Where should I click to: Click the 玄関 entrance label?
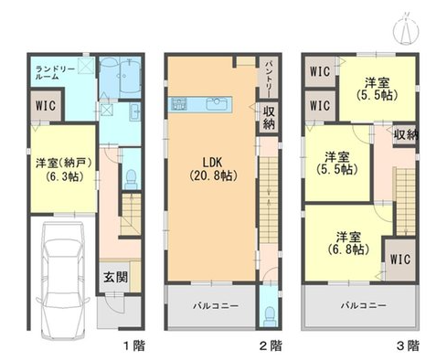(x=115, y=278)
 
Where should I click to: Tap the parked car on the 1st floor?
(x=63, y=281)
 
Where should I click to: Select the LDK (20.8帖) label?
(x=213, y=169)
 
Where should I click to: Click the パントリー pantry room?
(x=268, y=78)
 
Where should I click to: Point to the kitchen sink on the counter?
(x=217, y=104)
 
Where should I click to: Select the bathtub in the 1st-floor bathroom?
(x=131, y=76)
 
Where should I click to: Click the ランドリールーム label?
(x=55, y=73)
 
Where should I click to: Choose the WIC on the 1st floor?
(x=46, y=106)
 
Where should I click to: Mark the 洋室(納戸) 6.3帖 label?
(x=64, y=170)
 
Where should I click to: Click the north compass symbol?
(x=406, y=29)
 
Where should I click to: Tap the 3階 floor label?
(x=408, y=345)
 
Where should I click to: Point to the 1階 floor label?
(x=134, y=345)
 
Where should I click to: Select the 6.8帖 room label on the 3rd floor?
(x=349, y=243)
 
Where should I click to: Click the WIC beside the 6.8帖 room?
(x=400, y=259)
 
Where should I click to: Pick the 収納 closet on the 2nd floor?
(x=269, y=118)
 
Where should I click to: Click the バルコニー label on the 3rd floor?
(x=363, y=305)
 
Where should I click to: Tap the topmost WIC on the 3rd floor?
(x=320, y=71)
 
